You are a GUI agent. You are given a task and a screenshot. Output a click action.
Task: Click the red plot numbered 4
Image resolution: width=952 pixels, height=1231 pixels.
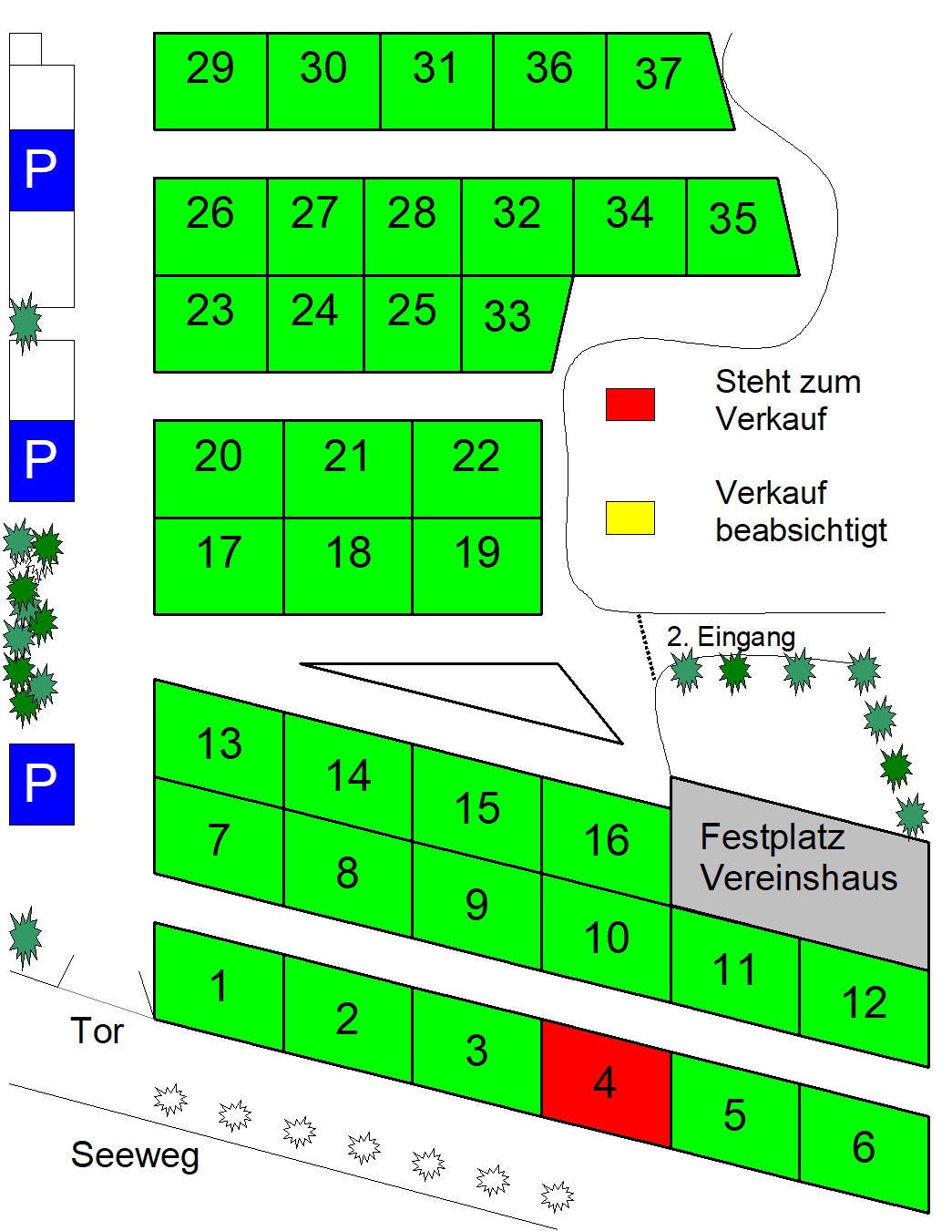pyautogui.click(x=606, y=1083)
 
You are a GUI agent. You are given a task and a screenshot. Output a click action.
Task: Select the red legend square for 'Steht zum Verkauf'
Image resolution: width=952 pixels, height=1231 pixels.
pyautogui.click(x=630, y=405)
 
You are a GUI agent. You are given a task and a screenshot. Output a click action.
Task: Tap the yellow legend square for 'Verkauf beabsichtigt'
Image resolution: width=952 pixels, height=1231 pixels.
pyautogui.click(x=630, y=518)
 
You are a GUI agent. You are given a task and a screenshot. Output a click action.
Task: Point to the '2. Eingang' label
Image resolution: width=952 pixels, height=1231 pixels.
pyautogui.click(x=731, y=636)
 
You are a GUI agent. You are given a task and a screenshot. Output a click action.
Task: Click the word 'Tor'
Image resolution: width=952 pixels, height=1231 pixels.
pyautogui.click(x=97, y=1031)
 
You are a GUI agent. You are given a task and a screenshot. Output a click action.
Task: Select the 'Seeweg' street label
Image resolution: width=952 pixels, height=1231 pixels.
pyautogui.click(x=135, y=1154)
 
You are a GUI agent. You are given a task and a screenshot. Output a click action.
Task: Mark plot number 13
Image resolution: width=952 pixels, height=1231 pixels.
pyautogui.click(x=220, y=744)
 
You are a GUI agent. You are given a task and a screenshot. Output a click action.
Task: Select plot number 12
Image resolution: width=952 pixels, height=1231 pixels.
pyautogui.click(x=864, y=1002)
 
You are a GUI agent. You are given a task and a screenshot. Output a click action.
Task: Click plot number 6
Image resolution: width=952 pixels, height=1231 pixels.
pyautogui.click(x=864, y=1147)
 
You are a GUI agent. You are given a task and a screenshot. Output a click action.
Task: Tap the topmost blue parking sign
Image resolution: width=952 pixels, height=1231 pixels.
pyautogui.click(x=41, y=170)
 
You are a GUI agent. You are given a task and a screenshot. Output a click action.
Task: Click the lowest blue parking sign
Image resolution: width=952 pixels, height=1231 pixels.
pyautogui.click(x=41, y=784)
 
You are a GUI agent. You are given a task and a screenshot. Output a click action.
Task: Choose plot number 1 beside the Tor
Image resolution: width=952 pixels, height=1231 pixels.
pyautogui.click(x=219, y=987)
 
